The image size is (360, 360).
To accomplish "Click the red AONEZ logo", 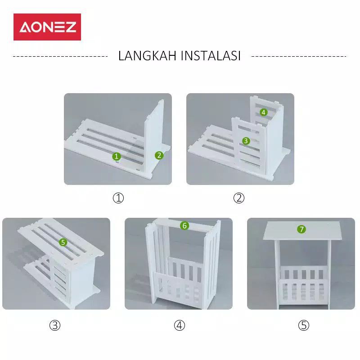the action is [x=47, y=27].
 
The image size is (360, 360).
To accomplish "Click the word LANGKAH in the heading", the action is [x=148, y=56].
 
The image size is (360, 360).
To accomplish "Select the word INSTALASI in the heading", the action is [x=211, y=56].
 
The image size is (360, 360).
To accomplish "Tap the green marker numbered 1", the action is [x=117, y=156].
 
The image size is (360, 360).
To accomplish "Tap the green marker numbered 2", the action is [x=159, y=155].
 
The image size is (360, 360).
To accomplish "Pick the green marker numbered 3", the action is [x=246, y=140].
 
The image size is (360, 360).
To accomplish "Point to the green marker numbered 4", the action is [x=263, y=112].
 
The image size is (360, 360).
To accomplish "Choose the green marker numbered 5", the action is [x=63, y=242].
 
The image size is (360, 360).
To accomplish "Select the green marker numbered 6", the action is [x=184, y=225].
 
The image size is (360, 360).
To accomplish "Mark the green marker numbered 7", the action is [x=301, y=229].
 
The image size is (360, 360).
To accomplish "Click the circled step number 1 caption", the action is [x=118, y=198].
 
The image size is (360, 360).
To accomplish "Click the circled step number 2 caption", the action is [x=239, y=198].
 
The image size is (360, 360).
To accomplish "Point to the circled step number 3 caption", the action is [x=55, y=325].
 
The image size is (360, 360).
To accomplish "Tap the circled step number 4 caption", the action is [x=179, y=325].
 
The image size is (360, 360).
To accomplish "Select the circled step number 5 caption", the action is [x=303, y=325].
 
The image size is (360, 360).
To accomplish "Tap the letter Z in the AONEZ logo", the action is [x=71, y=27].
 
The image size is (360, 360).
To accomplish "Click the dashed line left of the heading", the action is [x=60, y=56].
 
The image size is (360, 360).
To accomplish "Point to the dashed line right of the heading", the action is [x=299, y=56].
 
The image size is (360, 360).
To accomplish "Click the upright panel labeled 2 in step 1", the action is [x=153, y=138].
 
